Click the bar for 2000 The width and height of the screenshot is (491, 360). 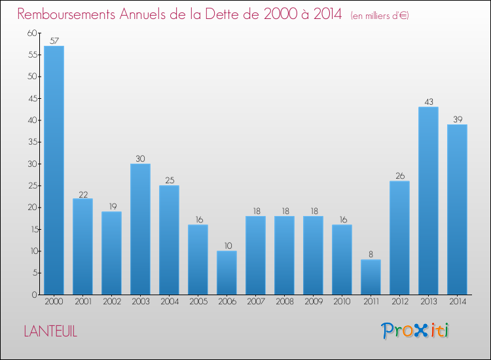pyautogui.click(x=54, y=170)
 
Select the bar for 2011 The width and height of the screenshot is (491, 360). pyautogui.click(x=371, y=277)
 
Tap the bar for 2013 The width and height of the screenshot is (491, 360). pyautogui.click(x=428, y=200)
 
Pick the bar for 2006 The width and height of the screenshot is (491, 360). pyautogui.click(x=227, y=272)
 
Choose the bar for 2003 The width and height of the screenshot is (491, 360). pyautogui.click(x=140, y=229)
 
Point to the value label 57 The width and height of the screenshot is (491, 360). pyautogui.click(x=54, y=41)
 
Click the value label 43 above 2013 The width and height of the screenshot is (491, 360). pyautogui.click(x=428, y=101)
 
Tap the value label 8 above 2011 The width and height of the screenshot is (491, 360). pyautogui.click(x=371, y=255)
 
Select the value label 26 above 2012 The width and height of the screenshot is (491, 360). pyautogui.click(x=399, y=176)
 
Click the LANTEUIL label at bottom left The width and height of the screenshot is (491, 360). pyautogui.click(x=50, y=332)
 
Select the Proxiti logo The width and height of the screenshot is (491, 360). pyautogui.click(x=416, y=331)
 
